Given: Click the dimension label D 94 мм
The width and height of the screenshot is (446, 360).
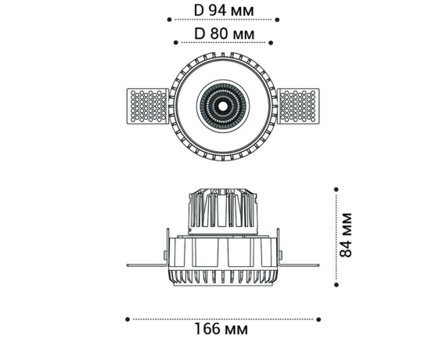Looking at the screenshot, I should [223, 11].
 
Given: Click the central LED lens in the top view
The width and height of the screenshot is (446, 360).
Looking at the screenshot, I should [223, 106].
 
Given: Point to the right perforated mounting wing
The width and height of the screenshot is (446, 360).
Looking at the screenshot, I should [300, 106].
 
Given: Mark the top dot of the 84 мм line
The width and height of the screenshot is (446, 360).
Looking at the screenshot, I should [336, 189].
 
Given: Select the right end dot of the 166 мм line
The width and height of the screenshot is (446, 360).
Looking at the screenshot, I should [319, 319].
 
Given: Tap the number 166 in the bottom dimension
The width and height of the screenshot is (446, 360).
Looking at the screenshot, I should [207, 329].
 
